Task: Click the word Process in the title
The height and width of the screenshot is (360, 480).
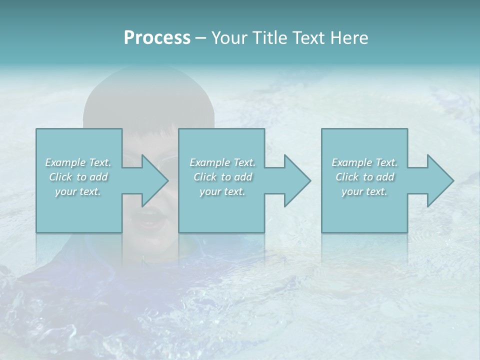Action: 157,38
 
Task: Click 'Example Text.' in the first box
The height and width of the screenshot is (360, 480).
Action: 78,162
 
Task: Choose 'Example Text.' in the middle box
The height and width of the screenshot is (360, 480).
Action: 222,162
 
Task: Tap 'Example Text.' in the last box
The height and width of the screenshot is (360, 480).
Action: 364,162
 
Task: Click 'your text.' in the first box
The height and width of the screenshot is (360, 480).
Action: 78,191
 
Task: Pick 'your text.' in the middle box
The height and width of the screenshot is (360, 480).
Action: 222,191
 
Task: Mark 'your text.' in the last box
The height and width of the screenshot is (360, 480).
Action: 364,191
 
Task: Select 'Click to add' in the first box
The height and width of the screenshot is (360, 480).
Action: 78,177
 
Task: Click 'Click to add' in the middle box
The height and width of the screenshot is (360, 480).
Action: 222,177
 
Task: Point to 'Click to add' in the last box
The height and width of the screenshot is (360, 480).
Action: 364,177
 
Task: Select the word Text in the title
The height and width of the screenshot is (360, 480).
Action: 309,38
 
